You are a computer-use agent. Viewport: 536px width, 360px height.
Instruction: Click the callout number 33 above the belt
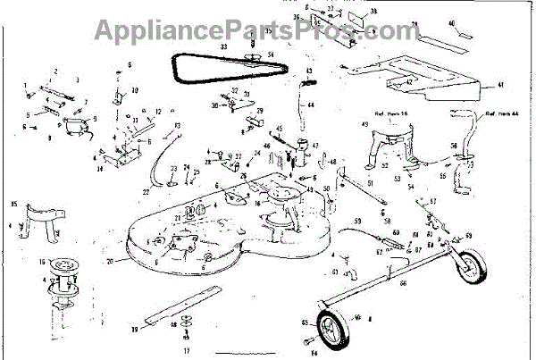[x=199, y=45]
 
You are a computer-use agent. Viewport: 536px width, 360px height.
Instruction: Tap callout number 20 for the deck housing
[x=110, y=262]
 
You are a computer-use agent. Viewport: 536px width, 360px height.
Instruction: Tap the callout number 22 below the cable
[x=145, y=191]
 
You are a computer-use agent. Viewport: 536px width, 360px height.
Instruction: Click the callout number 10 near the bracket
[x=135, y=90]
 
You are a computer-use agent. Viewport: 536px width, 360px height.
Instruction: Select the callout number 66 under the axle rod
[x=402, y=283]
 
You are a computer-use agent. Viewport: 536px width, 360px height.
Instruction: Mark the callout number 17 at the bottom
[x=187, y=350]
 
